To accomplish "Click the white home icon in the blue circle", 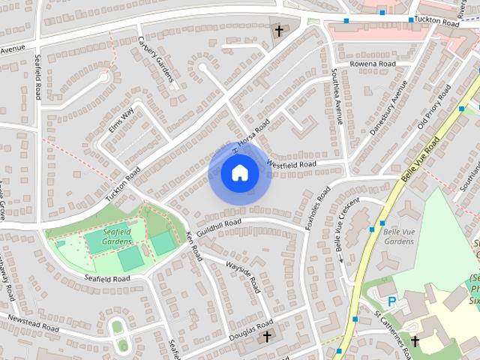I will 239,173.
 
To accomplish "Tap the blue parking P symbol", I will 391,301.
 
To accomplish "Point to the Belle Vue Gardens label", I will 399,236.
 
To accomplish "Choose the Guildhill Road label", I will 219,223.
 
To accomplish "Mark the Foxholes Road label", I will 317,207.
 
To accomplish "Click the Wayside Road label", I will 244,278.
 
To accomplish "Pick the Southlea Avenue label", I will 337,96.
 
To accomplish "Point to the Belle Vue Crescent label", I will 346,224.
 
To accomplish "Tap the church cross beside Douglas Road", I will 265,337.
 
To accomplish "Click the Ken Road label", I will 193,247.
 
